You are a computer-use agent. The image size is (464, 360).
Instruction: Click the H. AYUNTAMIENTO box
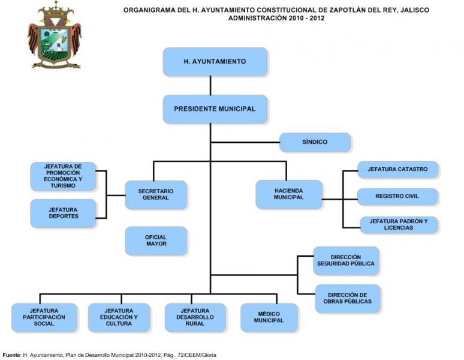click(x=215, y=62)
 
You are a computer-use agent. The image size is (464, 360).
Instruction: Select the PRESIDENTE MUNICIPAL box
click(x=215, y=109)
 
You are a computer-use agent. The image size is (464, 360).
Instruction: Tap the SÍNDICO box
click(x=315, y=142)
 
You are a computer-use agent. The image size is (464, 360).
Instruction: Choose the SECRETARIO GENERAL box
click(x=156, y=195)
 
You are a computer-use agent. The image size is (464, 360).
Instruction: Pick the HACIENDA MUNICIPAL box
click(x=289, y=194)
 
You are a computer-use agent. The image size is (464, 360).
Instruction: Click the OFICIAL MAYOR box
click(x=156, y=241)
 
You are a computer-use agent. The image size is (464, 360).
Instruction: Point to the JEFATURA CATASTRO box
click(x=397, y=169)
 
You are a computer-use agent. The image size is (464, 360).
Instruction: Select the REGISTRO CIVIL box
click(x=397, y=196)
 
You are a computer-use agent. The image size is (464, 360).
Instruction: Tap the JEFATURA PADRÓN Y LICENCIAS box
click(x=399, y=225)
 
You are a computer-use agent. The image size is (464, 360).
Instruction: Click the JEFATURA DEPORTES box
click(x=64, y=213)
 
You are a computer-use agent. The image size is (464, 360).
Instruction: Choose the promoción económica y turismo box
click(x=63, y=176)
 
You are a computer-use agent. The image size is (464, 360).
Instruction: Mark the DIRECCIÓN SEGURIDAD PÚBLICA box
click(x=347, y=260)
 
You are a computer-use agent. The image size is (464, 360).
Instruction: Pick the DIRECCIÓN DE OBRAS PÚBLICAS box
click(x=348, y=298)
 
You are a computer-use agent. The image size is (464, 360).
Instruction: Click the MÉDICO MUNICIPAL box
click(x=269, y=317)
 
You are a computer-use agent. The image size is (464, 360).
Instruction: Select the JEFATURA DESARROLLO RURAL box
click(x=195, y=317)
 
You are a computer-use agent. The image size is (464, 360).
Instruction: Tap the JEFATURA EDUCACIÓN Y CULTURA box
click(x=119, y=317)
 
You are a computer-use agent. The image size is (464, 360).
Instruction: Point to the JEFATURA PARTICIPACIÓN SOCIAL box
click(x=44, y=317)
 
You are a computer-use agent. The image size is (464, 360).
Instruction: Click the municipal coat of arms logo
click(x=55, y=35)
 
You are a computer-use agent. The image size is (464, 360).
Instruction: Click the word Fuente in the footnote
click(x=11, y=355)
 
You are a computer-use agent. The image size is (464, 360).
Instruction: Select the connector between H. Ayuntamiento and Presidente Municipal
click(x=210, y=85)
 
